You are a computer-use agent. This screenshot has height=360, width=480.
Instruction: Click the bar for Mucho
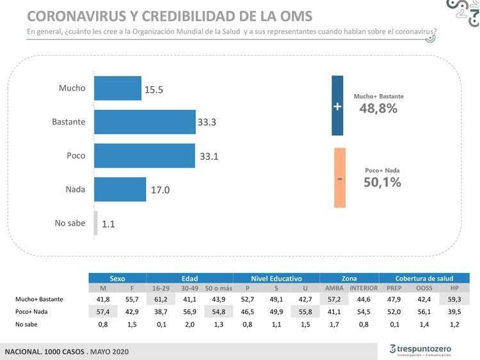click(x=118, y=88)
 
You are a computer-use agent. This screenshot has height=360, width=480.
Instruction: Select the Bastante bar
click(x=145, y=121)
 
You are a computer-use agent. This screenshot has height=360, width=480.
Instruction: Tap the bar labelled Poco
click(x=145, y=155)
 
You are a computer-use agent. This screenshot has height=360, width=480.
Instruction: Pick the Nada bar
click(x=120, y=189)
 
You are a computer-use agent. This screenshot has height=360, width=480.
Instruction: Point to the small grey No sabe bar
click(x=96, y=223)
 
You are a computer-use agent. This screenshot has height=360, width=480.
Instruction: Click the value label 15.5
click(x=154, y=90)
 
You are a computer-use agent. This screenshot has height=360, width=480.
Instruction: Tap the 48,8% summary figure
click(x=378, y=109)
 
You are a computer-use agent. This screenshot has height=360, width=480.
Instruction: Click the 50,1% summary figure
click(x=382, y=182)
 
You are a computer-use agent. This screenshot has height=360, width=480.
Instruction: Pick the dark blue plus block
click(x=337, y=106)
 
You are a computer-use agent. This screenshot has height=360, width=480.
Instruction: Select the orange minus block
click(x=340, y=178)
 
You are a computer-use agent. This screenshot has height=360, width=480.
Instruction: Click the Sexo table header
click(x=117, y=278)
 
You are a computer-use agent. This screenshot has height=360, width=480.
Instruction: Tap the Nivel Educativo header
click(x=276, y=278)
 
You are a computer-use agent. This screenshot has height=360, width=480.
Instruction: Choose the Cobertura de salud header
click(x=424, y=278)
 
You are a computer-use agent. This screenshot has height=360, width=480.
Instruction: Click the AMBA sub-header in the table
click(x=330, y=288)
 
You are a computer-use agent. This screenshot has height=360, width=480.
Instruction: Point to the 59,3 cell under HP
click(x=454, y=299)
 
